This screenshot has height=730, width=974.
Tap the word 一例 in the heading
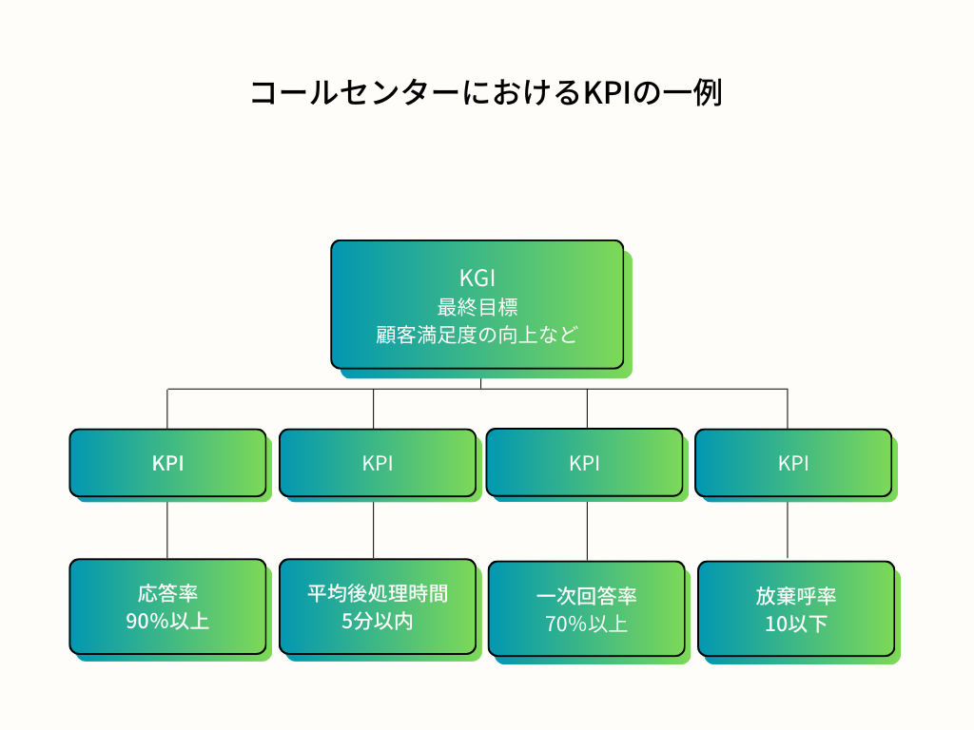pos(692,93)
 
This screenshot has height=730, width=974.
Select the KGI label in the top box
pos(477,279)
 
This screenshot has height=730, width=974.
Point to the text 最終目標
pos(477,307)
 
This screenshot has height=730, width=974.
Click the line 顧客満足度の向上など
pos(477,335)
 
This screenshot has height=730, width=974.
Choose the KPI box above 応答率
pos(167,463)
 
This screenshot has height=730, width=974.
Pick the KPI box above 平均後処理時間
pos(378,463)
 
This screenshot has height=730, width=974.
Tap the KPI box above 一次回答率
pos(585,463)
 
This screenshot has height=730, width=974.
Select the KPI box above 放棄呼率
pos(793,463)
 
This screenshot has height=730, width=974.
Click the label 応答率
pos(167,593)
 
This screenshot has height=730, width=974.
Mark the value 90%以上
pos(167,621)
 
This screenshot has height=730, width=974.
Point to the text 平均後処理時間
pos(378,593)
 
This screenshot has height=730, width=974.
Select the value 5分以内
pos(378,621)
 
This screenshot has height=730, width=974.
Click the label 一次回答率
pos(586,596)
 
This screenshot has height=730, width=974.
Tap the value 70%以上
pos(586,624)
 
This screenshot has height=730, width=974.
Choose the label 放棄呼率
pos(796,596)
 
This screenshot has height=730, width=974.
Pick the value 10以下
pos(796,624)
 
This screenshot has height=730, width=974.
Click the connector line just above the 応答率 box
pos(167,530)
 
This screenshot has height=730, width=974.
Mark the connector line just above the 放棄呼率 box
pos(788,530)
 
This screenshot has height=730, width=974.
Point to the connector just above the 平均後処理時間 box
pos(373,530)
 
